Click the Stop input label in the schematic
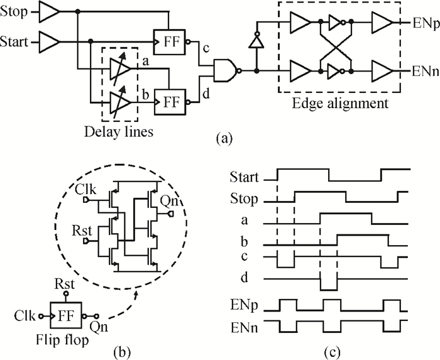click(x=14, y=11)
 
